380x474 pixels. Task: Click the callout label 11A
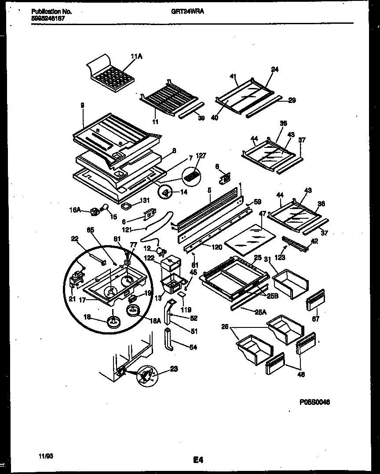136,56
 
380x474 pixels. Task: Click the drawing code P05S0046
314,402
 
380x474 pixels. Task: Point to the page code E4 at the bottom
197,460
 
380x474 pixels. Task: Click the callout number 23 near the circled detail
174,370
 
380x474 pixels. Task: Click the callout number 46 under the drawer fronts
300,375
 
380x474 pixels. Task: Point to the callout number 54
193,347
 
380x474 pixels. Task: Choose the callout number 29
292,100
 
